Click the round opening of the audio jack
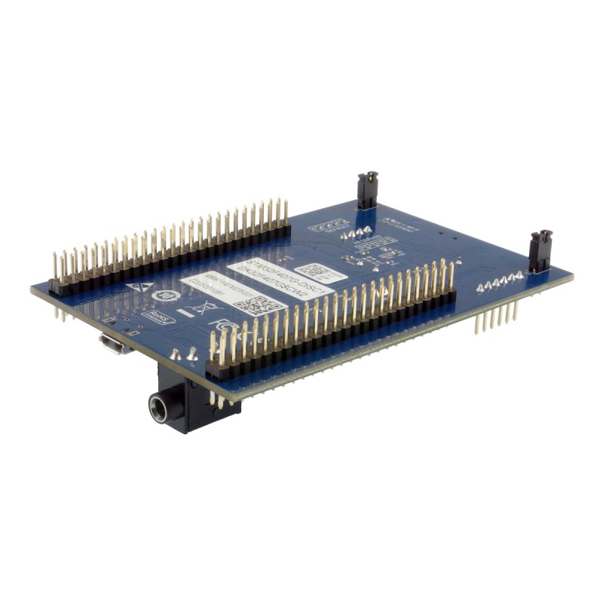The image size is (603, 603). click(x=161, y=408)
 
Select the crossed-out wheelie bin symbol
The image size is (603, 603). click(x=200, y=308)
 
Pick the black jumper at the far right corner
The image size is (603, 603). click(x=540, y=251)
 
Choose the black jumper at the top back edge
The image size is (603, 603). click(x=367, y=190)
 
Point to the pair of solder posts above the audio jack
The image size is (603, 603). click(x=183, y=354)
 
